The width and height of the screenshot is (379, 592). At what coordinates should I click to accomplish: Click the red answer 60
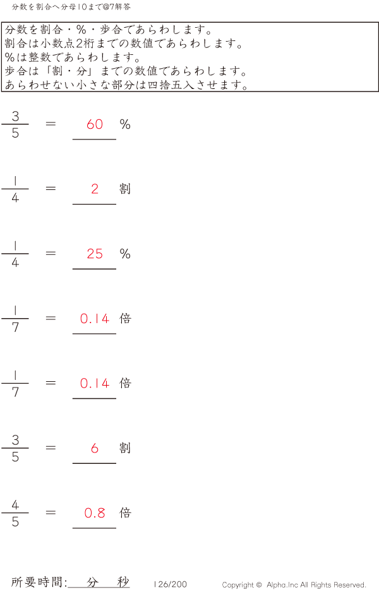click(95, 124)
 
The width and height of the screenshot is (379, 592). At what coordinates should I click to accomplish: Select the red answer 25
click(95, 254)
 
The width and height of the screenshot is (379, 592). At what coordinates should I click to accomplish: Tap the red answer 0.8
click(95, 513)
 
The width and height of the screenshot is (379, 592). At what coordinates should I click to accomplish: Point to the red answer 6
click(95, 448)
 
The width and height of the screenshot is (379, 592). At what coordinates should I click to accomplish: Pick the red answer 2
click(95, 189)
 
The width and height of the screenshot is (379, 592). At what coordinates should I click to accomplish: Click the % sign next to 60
click(125, 124)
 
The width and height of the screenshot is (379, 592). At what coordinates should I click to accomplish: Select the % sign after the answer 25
click(125, 254)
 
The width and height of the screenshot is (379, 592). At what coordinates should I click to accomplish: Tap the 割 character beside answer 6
click(125, 448)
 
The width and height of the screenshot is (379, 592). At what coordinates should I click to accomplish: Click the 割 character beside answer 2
click(125, 189)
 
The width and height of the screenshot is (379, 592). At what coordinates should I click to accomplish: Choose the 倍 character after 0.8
click(125, 513)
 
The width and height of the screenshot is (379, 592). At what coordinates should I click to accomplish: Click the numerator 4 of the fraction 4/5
click(15, 504)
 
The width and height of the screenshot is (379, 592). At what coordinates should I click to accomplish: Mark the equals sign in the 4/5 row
click(51, 512)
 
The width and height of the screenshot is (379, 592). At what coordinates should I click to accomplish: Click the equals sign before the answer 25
click(51, 253)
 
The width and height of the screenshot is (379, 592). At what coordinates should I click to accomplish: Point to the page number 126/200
click(171, 584)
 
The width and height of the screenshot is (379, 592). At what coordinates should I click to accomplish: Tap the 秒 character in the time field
click(123, 582)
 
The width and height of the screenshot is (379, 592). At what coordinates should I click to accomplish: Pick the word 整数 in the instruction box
click(39, 57)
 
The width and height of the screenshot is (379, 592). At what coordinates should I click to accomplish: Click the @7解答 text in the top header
click(118, 6)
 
